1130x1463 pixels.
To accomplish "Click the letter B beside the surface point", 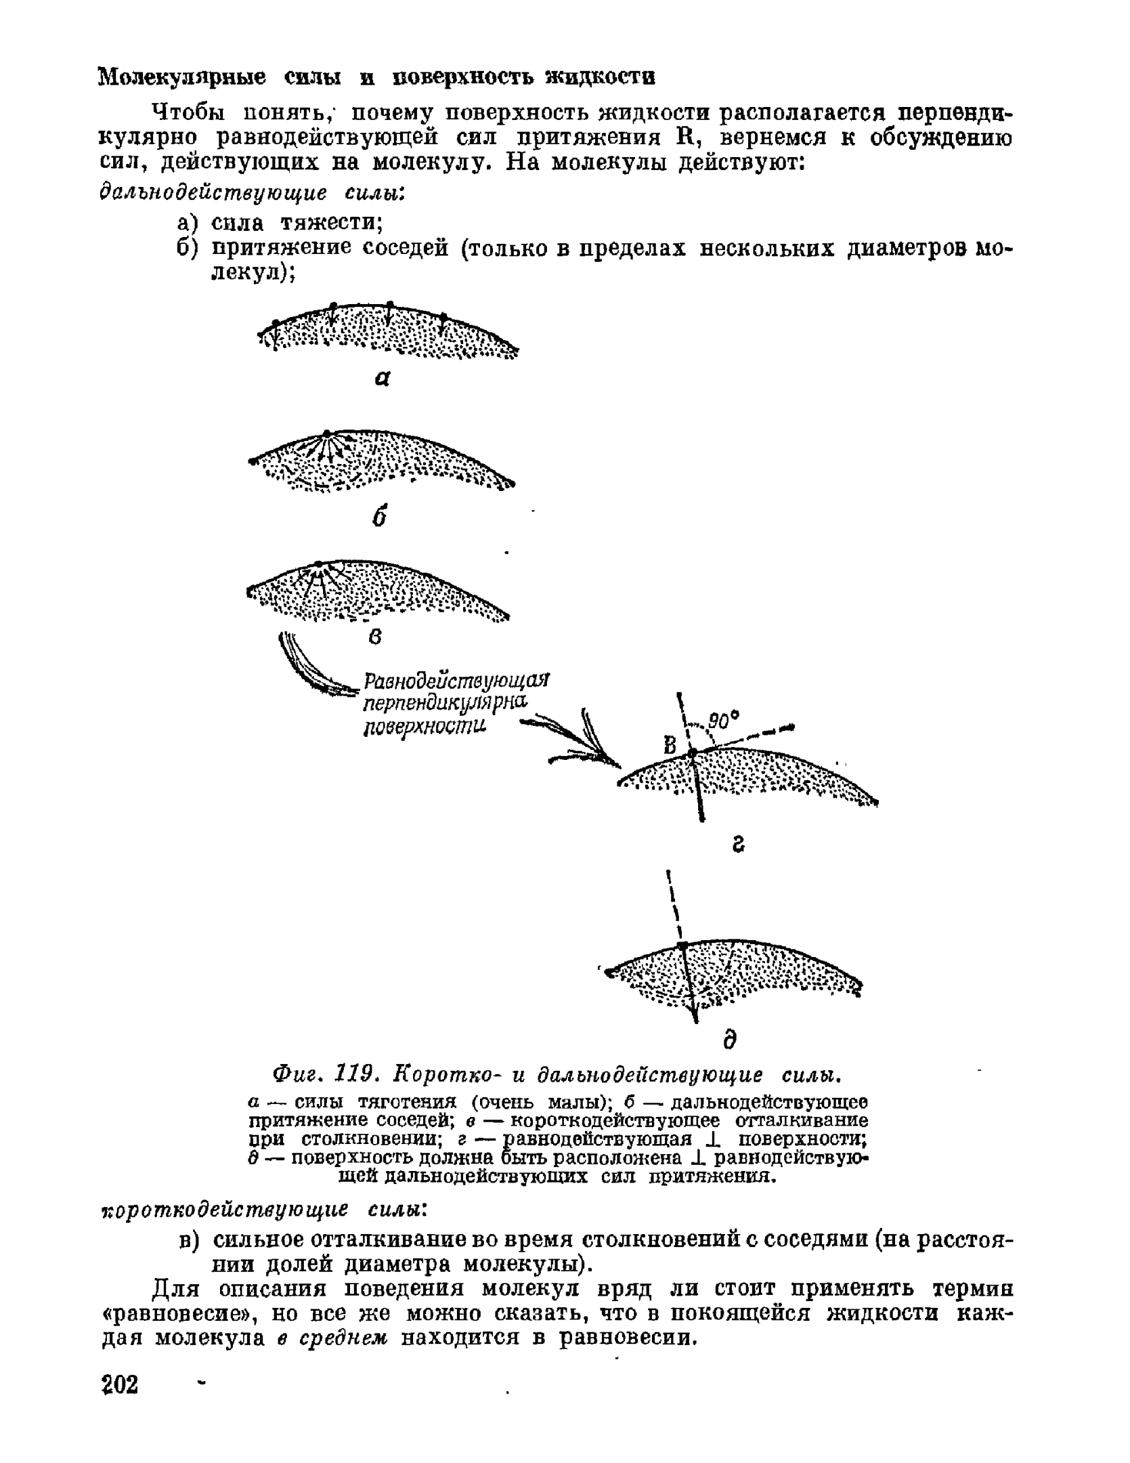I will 670,746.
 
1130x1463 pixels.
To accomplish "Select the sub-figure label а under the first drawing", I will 383,381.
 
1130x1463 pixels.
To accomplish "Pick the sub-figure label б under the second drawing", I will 380,518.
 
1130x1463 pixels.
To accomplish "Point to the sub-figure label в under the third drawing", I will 376,637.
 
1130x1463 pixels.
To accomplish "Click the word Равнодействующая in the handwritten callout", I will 458,679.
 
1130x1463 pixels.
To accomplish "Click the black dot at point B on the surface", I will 691,753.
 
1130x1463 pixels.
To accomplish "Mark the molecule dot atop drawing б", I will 327,433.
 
